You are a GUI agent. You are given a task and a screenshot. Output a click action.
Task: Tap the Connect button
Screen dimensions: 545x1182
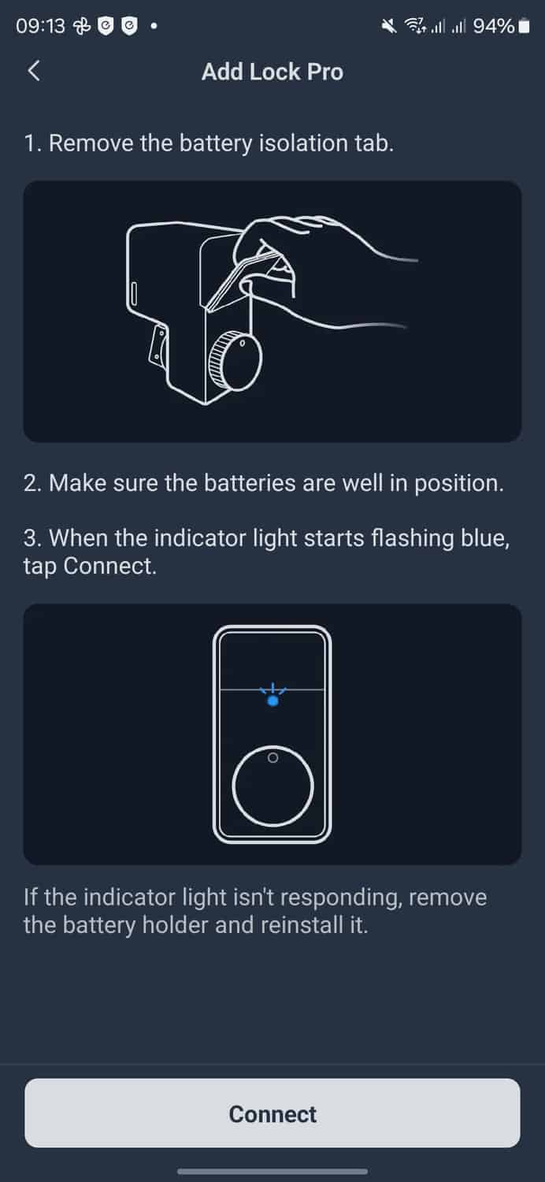click(272, 1113)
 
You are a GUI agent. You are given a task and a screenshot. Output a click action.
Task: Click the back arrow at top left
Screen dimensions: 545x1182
click(34, 71)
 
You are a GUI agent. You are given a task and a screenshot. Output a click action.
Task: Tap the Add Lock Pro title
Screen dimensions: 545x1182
click(272, 72)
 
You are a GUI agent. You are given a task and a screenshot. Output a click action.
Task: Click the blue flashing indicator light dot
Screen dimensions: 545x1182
click(272, 701)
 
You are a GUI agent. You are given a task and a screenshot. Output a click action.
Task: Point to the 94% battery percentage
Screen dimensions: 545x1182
click(493, 25)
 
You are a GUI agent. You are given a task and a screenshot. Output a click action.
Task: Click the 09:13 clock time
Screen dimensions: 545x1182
click(40, 25)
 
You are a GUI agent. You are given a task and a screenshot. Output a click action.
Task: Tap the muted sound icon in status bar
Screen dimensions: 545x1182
click(389, 25)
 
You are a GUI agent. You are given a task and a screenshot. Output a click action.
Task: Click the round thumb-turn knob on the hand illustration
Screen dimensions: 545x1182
click(235, 361)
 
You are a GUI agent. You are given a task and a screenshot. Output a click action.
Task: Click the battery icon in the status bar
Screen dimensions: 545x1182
click(524, 26)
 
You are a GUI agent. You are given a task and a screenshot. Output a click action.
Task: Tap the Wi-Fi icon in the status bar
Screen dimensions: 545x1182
click(415, 25)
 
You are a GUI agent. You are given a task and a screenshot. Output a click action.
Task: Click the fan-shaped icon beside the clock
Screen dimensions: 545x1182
click(82, 25)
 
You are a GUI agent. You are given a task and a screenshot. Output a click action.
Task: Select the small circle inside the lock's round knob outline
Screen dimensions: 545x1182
click(272, 758)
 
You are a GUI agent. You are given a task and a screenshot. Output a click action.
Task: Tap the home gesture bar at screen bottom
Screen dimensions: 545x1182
click(272, 1172)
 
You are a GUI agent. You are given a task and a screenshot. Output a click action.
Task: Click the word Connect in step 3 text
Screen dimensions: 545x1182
click(109, 567)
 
